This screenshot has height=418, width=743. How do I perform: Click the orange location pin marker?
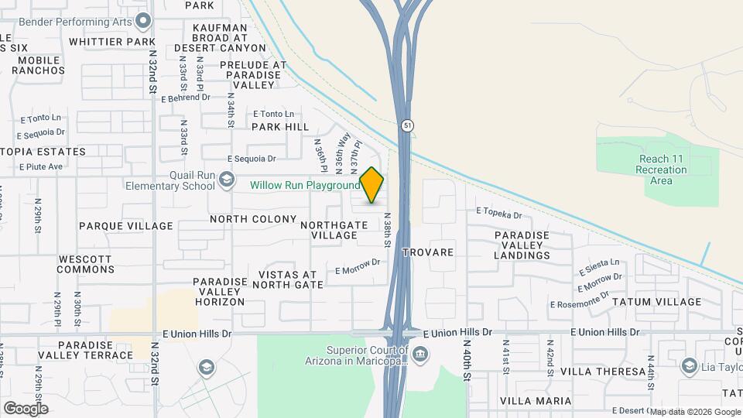372,185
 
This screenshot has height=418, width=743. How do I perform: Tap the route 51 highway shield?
407,125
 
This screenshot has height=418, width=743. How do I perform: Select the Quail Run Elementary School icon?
226,180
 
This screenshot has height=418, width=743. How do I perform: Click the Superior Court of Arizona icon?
419,355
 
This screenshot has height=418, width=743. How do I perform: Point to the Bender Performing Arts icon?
142,21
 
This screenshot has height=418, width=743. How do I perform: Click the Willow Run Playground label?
304,186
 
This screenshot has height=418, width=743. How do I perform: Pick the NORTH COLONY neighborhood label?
253,219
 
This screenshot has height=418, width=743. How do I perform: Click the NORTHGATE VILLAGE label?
329,230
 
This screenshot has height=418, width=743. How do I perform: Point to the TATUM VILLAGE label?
656,302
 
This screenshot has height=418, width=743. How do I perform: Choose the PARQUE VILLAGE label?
125,226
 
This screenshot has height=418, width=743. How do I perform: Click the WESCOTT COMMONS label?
86,264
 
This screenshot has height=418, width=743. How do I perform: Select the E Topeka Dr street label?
499,211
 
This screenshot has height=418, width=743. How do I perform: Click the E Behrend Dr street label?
186,98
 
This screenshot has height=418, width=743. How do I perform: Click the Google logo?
26,408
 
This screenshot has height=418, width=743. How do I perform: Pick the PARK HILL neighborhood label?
280,127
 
